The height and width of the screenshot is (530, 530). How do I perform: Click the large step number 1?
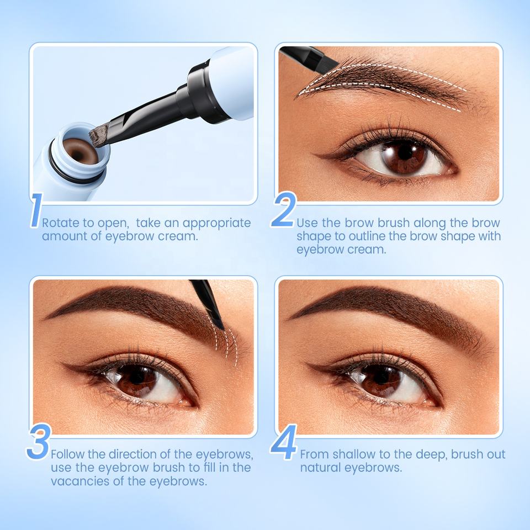(35, 210)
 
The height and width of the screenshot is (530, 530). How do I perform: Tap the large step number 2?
(284, 210)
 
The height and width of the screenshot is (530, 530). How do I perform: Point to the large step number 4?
(284, 442)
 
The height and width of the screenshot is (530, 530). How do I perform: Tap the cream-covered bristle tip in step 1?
(98, 135)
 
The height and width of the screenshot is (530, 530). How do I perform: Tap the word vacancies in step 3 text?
(80, 481)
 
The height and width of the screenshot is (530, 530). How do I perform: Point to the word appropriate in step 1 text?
(216, 224)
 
